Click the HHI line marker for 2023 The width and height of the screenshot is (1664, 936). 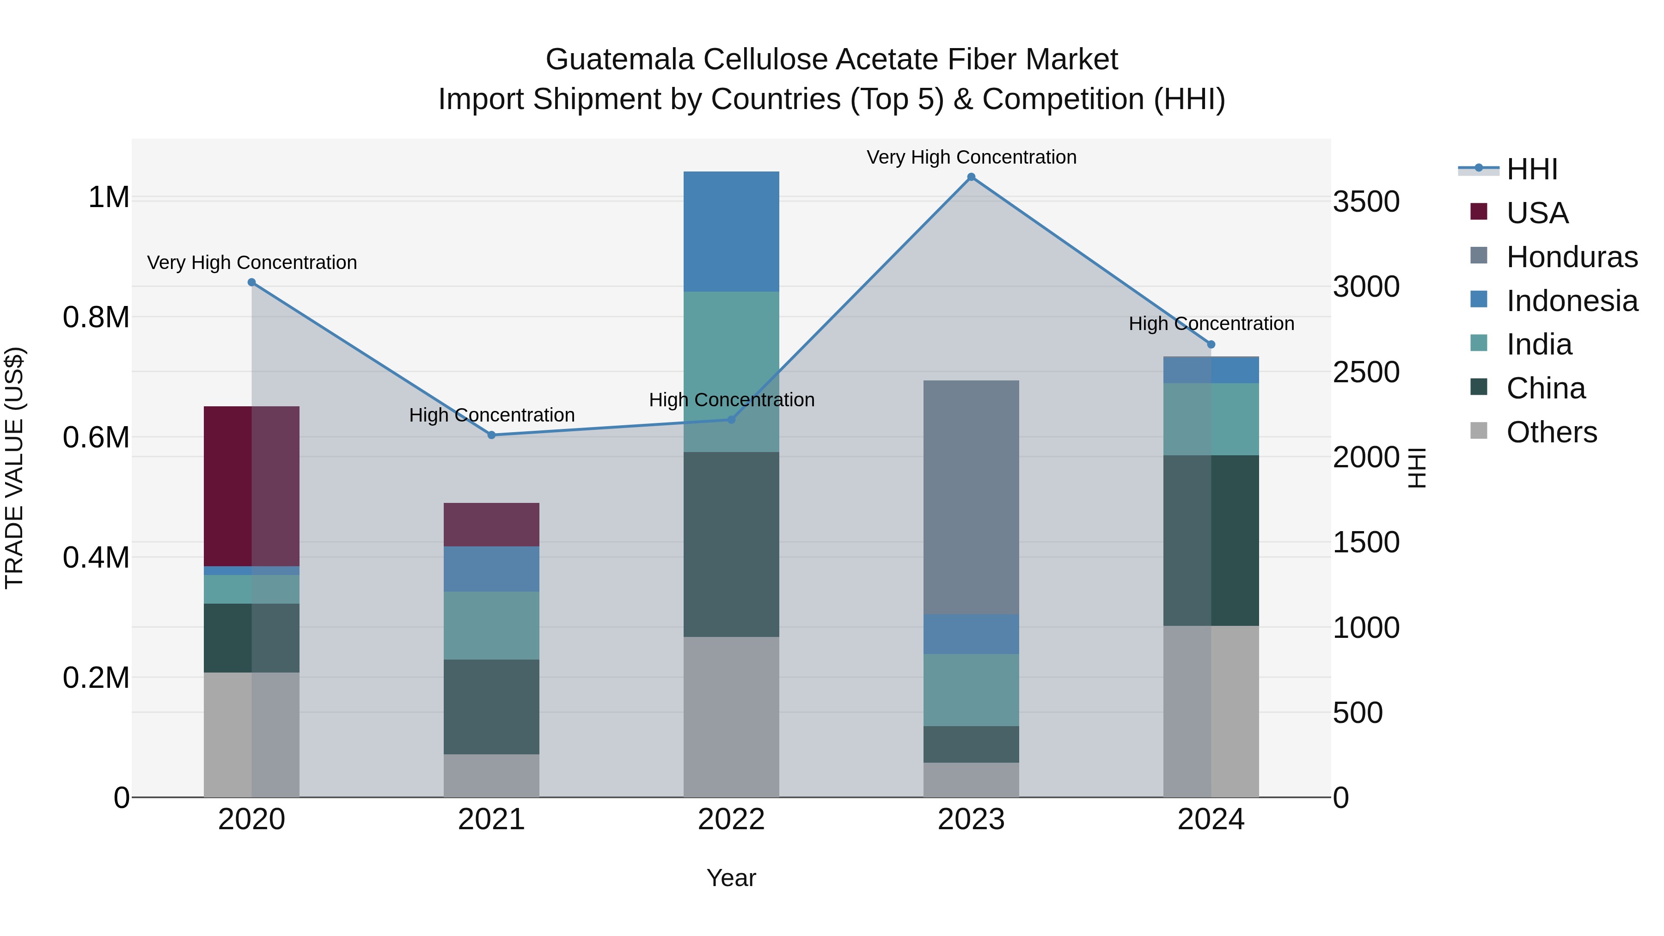click(x=971, y=177)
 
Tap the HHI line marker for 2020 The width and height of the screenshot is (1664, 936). click(x=252, y=282)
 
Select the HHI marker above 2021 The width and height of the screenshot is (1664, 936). click(x=492, y=435)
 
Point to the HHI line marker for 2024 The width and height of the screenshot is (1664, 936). click(x=1211, y=344)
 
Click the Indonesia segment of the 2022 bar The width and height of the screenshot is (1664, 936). click(x=731, y=231)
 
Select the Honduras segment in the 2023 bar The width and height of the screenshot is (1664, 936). click(x=971, y=497)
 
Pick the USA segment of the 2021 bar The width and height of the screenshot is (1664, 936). click(x=492, y=525)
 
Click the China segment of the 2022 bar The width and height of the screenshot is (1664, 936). click(x=731, y=544)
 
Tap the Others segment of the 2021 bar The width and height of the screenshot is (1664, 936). click(x=492, y=775)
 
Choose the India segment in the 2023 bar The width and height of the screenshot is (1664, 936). click(x=971, y=690)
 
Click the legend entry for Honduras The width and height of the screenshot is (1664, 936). click(x=1571, y=257)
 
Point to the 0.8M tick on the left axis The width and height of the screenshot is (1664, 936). click(x=96, y=317)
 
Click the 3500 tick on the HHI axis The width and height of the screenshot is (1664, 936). click(x=1366, y=202)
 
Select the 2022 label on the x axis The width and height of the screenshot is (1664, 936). click(x=731, y=820)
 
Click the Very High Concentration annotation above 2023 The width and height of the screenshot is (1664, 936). click(x=971, y=157)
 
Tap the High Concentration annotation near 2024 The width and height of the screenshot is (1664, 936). click(x=1211, y=324)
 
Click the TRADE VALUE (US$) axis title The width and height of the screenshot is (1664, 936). click(x=14, y=468)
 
